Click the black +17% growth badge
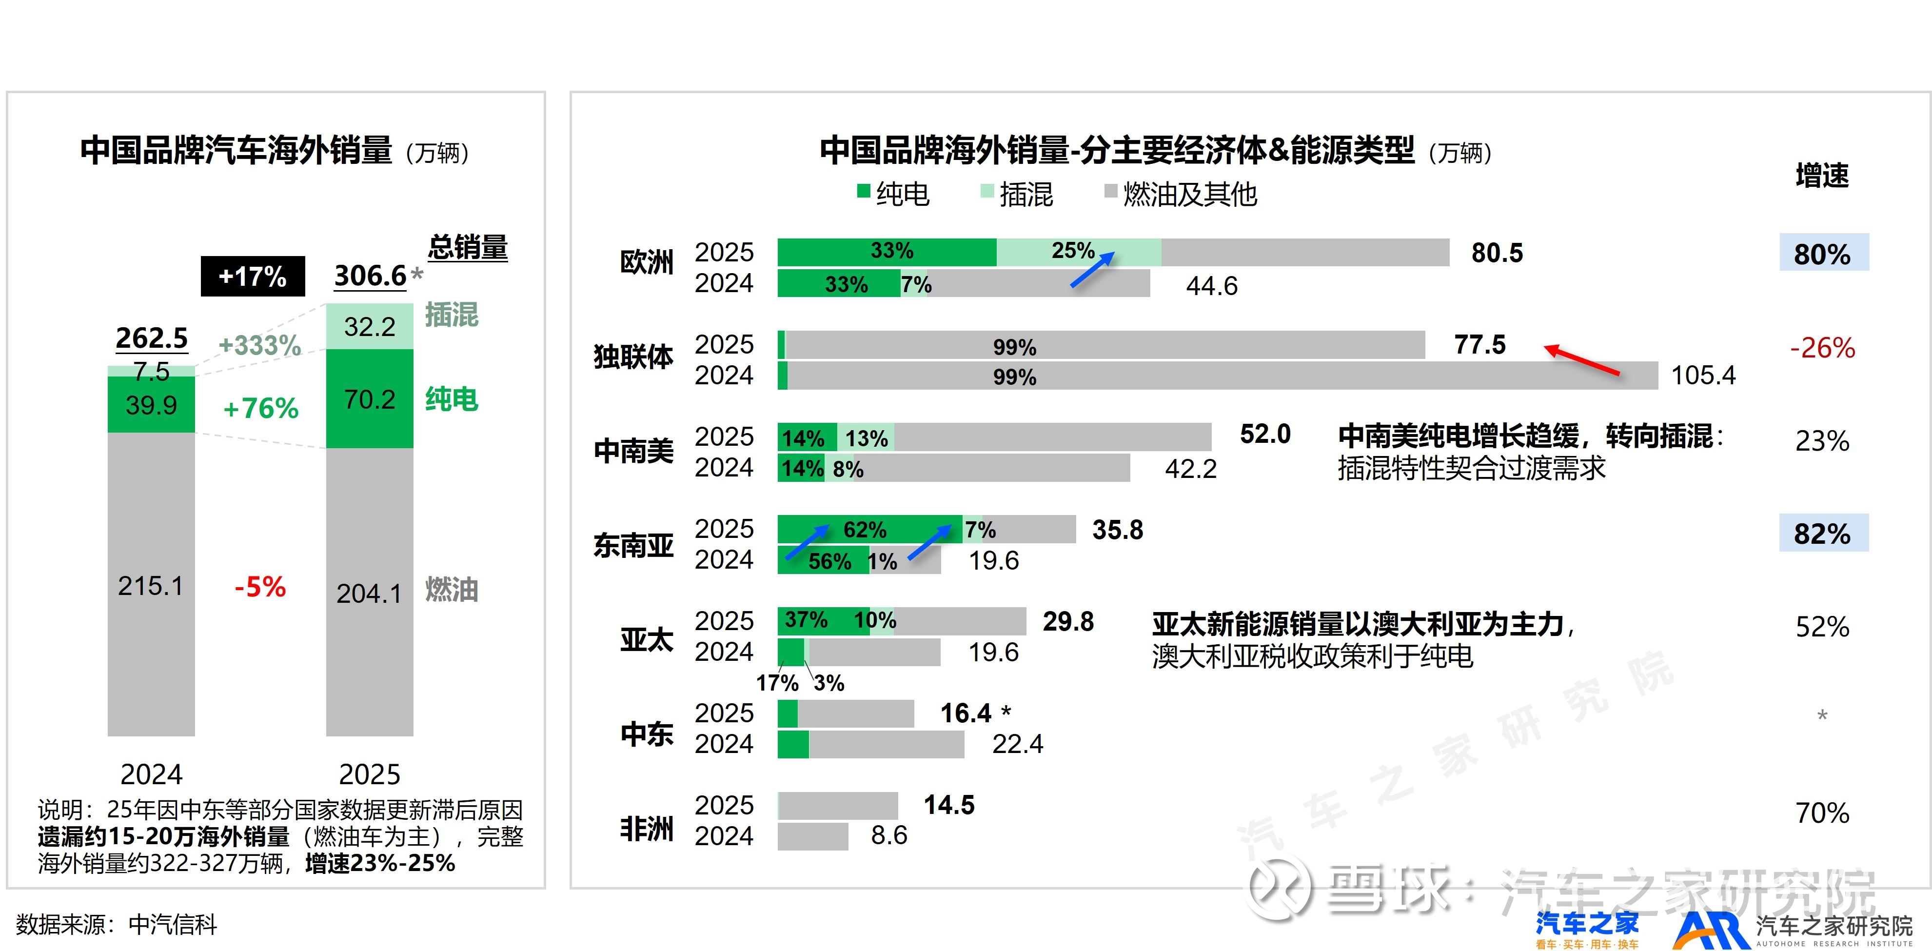pyautogui.click(x=253, y=276)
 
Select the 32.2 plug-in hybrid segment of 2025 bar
pyautogui.click(x=370, y=326)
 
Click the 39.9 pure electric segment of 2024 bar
pyautogui.click(x=152, y=405)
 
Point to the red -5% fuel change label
pyautogui.click(x=260, y=587)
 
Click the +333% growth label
pyautogui.click(x=259, y=345)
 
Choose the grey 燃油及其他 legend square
pyautogui.click(x=1111, y=191)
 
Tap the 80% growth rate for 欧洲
pyautogui.click(x=1822, y=254)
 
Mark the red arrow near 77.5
pyautogui.click(x=1582, y=360)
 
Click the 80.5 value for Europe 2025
pyautogui.click(x=1497, y=254)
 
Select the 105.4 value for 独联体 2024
pyautogui.click(x=1703, y=375)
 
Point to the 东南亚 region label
pyautogui.click(x=634, y=545)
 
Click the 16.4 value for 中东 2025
pyautogui.click(x=966, y=713)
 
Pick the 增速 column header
pyautogui.click(x=1822, y=176)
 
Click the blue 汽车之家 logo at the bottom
pyautogui.click(x=1587, y=929)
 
